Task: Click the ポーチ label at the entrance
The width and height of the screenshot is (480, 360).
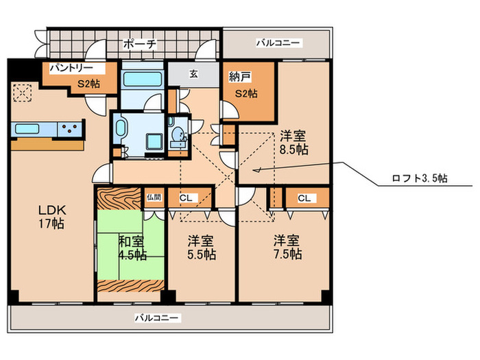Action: tap(140, 44)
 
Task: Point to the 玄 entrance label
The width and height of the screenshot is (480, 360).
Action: tap(194, 73)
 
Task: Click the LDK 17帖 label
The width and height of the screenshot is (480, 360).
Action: tap(51, 216)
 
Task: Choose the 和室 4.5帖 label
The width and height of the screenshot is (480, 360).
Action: tap(130, 248)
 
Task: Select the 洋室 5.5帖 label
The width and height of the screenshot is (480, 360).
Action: tap(201, 248)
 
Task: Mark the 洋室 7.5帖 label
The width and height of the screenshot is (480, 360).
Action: tap(287, 248)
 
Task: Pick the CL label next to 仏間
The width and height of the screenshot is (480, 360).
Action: tap(185, 198)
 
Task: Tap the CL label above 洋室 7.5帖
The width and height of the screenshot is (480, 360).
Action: tap(304, 198)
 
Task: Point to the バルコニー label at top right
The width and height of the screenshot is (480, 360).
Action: tap(278, 43)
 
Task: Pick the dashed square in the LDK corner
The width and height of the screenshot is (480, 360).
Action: tap(23, 91)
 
